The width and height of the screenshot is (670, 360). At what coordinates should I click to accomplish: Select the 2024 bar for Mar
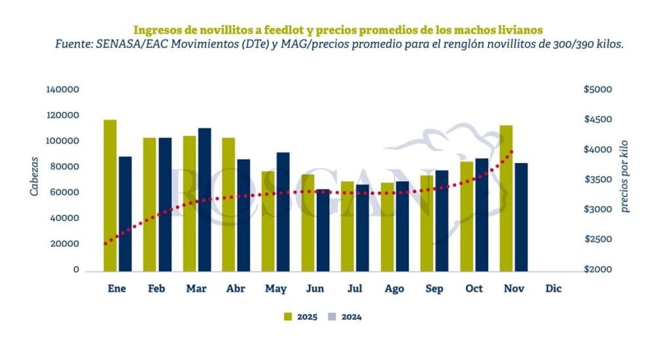pyautogui.click(x=204, y=199)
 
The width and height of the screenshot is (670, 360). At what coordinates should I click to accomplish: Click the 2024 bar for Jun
pyautogui.click(x=323, y=230)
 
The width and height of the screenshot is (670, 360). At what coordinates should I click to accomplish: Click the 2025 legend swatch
pyautogui.click(x=288, y=317)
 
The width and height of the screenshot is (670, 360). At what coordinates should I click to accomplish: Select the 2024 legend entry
pyautogui.click(x=344, y=317)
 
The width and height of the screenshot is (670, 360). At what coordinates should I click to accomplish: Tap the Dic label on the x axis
pyautogui.click(x=553, y=288)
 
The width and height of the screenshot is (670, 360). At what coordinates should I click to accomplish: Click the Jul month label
pyautogui.click(x=355, y=288)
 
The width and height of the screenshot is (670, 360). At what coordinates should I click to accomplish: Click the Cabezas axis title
pyautogui.click(x=34, y=176)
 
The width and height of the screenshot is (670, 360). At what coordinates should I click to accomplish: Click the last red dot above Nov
pyautogui.click(x=512, y=151)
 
